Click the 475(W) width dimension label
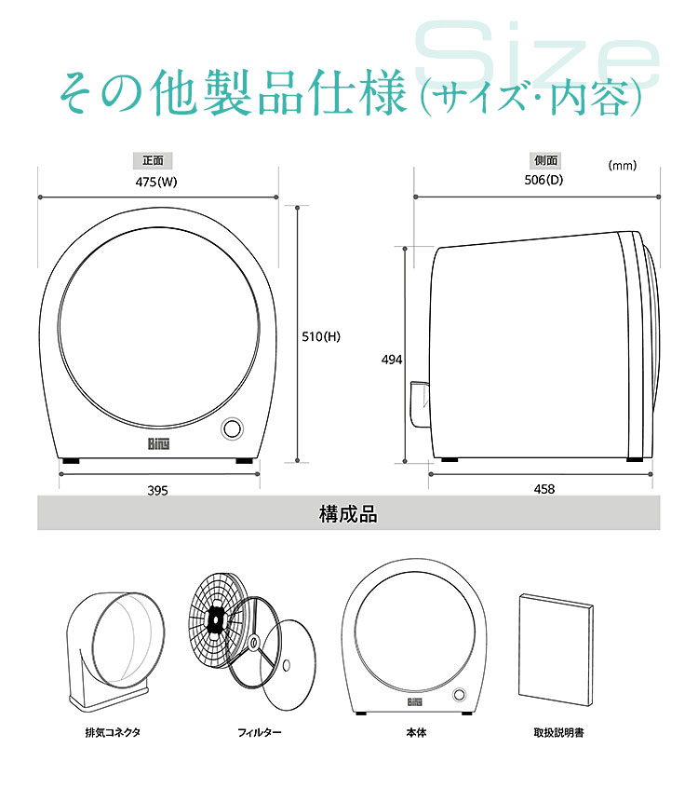[155, 182]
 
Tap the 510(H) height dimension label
[321, 336]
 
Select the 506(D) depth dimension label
[544, 180]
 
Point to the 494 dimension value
[392, 360]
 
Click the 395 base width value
[157, 491]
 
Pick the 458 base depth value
[544, 489]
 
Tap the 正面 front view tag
[153, 160]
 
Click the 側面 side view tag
[545, 160]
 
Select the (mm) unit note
[623, 165]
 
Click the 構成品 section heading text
[348, 514]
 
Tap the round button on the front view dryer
[232, 428]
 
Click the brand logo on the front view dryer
[158, 444]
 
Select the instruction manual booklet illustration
[556, 649]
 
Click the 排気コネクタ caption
[113, 732]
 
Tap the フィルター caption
[259, 732]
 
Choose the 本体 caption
[416, 732]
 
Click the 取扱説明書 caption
[558, 732]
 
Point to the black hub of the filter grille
[216, 620]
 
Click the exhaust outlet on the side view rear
[420, 404]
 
